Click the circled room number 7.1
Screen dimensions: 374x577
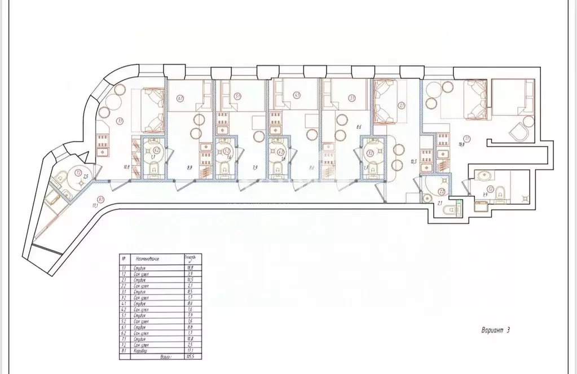tap(119, 120)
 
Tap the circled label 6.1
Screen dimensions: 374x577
tap(179, 98)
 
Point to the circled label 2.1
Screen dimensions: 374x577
tap(402, 105)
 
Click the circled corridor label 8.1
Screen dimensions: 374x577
tap(100, 199)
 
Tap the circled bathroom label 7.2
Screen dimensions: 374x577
tap(79, 172)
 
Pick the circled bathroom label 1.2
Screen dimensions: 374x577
tap(491, 189)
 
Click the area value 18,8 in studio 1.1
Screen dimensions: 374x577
tap(461, 144)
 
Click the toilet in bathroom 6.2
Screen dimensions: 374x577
tap(153, 168)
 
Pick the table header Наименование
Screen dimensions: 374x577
tap(147, 259)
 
